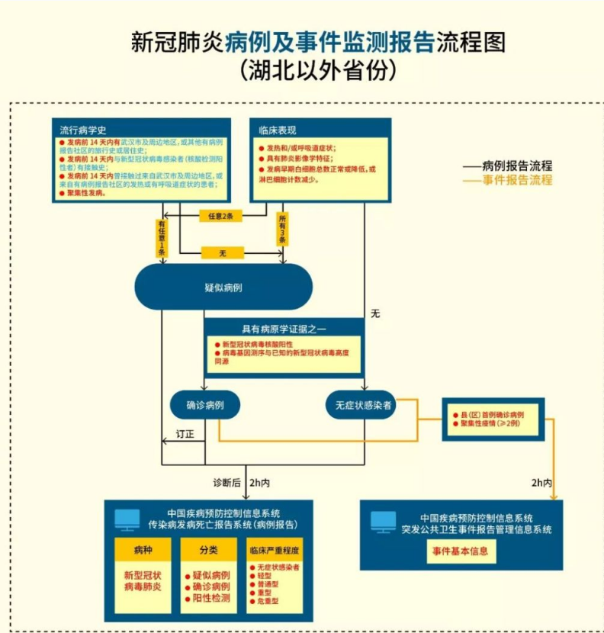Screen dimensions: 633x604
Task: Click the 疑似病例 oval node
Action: coord(223,288)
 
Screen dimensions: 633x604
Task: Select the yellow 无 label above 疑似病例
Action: coord(222,252)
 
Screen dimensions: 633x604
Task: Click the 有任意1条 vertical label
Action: coord(162,237)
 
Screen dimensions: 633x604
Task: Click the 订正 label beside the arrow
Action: coord(185,434)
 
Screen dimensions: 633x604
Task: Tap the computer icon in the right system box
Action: coord(383,522)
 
